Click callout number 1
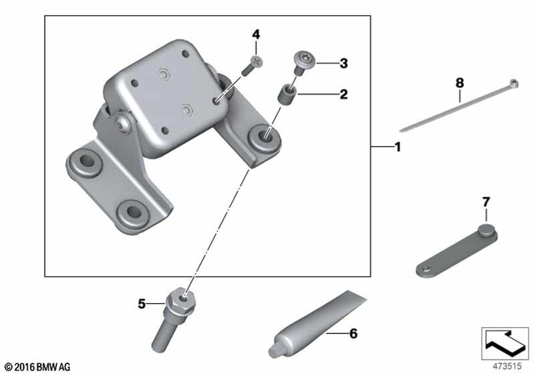coord(398,148)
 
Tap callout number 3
coord(342,63)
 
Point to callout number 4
coord(257,34)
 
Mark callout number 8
coord(458,83)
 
